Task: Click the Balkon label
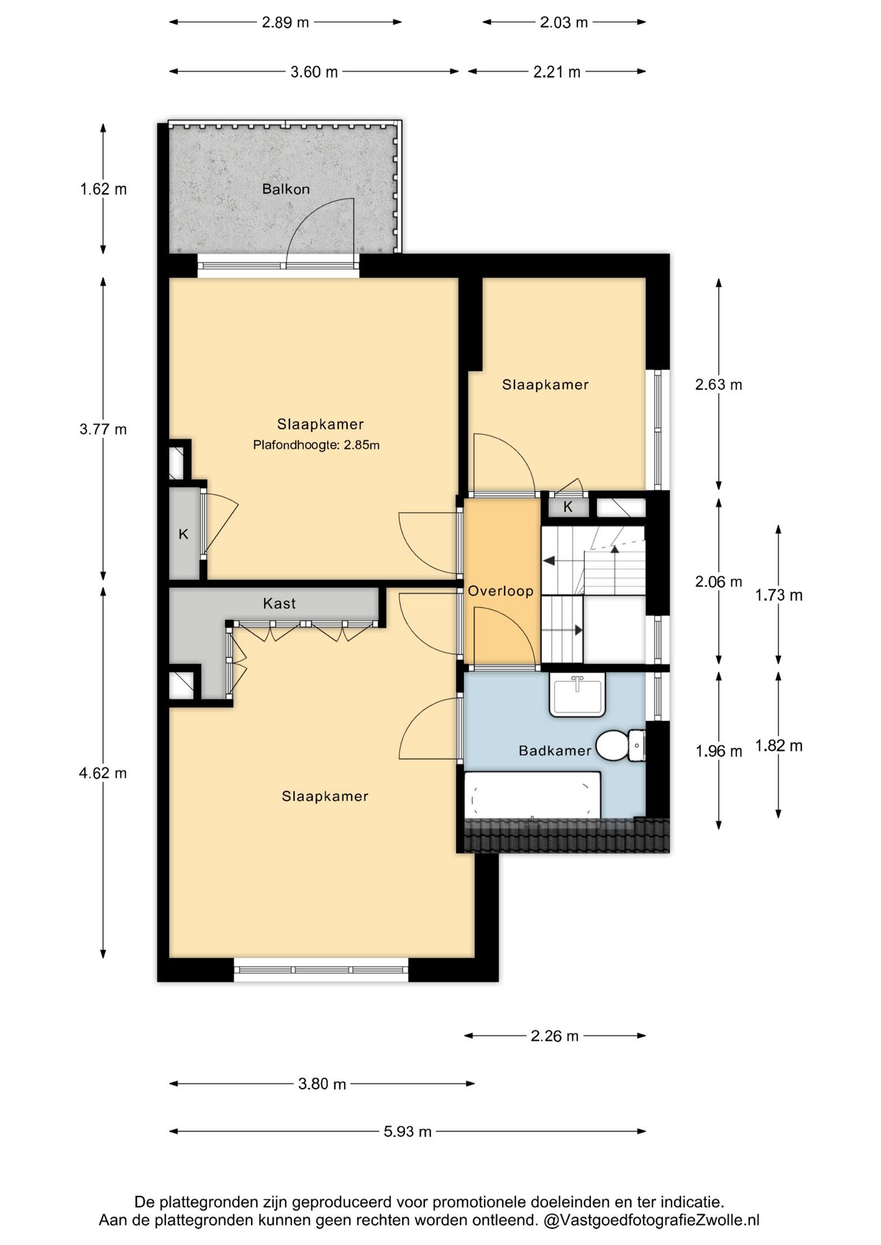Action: click(x=285, y=189)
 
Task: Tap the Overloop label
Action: click(x=501, y=591)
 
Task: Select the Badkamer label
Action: click(x=555, y=751)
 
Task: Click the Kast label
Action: click(x=279, y=604)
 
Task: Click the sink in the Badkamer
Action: click(x=577, y=694)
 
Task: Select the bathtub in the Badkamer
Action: click(x=532, y=796)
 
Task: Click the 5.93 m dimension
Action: click(x=407, y=1132)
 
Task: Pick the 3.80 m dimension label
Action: click(x=322, y=1084)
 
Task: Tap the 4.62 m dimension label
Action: click(x=103, y=773)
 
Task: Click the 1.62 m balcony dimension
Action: click(x=103, y=189)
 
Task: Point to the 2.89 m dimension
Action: click(x=285, y=23)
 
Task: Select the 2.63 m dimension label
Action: click(x=719, y=385)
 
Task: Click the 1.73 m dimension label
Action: click(x=778, y=595)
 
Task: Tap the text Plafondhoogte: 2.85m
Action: click(x=316, y=445)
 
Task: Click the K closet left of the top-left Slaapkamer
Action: click(x=184, y=534)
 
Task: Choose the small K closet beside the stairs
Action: click(x=568, y=507)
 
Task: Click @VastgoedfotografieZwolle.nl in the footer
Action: click(x=651, y=1220)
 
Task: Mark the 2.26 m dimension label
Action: click(x=555, y=1036)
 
